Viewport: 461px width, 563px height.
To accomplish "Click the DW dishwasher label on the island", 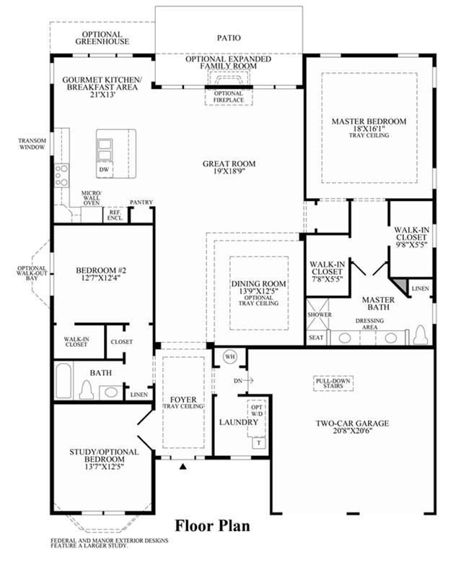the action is (104, 169).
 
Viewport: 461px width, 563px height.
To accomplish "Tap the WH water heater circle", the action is (230, 357).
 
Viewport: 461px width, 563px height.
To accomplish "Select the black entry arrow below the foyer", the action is (183, 466).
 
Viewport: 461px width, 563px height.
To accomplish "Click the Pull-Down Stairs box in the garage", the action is (333, 384).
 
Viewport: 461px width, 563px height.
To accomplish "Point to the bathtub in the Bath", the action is (63, 381).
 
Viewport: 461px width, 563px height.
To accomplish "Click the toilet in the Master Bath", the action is (420, 335).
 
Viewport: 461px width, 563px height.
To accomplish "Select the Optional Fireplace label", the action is (229, 97).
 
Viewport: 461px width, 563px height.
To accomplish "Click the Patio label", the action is (229, 38).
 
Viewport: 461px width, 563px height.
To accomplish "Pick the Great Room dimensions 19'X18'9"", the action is (229, 171).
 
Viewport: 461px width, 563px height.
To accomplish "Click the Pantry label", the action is (141, 202).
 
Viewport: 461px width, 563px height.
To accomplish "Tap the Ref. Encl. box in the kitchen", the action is (115, 215).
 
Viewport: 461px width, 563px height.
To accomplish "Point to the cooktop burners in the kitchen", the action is (61, 175).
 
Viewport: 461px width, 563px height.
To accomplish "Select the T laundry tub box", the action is (259, 443).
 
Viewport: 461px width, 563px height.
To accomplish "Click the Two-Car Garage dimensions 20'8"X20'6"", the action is (352, 431).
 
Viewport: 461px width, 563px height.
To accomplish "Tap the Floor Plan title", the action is (213, 525).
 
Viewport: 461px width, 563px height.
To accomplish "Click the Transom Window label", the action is (32, 144).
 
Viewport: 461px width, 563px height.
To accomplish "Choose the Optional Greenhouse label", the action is (102, 38).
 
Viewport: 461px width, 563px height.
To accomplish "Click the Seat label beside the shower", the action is (316, 338).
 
